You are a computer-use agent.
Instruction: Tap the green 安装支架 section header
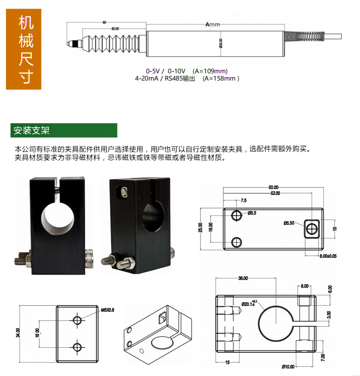(x=64, y=130)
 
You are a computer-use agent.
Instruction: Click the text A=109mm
(x=210, y=71)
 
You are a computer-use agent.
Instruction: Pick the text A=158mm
(x=221, y=78)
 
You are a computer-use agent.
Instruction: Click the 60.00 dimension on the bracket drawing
(x=273, y=187)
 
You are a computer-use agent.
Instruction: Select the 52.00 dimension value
(x=274, y=193)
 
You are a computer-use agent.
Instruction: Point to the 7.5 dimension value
(x=244, y=200)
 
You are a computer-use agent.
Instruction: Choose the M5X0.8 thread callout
(x=107, y=310)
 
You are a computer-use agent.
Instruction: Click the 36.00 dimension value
(x=242, y=278)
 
